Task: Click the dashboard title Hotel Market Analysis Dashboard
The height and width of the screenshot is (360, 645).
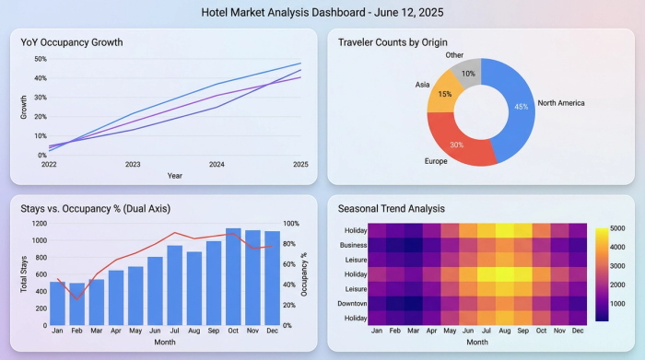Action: [322, 13]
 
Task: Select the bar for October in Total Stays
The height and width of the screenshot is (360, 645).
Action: [234, 276]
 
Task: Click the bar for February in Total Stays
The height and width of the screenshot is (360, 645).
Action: [76, 305]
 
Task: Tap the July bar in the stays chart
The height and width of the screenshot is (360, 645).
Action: [175, 285]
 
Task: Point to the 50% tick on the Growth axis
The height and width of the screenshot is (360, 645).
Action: [40, 58]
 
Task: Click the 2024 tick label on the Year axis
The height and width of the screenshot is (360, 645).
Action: [217, 165]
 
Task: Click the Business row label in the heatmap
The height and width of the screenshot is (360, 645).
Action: [354, 245]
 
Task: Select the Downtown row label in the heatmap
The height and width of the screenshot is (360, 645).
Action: [353, 303]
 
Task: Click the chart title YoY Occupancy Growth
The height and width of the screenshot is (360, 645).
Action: [72, 42]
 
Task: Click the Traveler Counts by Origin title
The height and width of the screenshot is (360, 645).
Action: [397, 42]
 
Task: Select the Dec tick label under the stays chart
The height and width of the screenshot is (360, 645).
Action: [272, 331]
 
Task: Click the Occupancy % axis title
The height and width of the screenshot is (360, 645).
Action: [304, 274]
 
